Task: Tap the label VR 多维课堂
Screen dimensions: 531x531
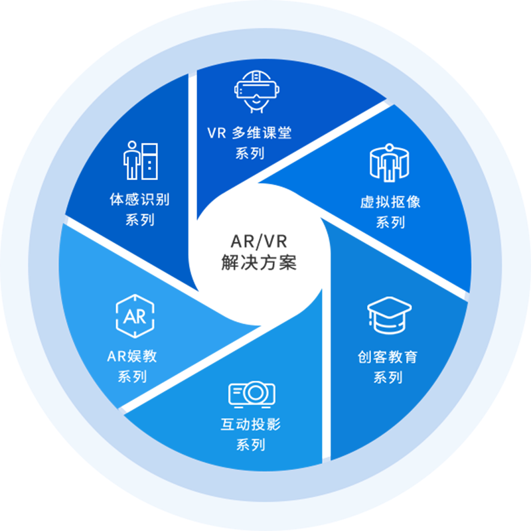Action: (x=249, y=133)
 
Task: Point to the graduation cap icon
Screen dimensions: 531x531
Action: (x=390, y=318)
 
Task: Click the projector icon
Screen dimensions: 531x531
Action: (x=252, y=394)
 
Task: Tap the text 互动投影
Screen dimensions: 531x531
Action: (x=250, y=424)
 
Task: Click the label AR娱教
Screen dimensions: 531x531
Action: (x=132, y=356)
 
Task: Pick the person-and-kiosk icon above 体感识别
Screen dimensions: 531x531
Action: (x=141, y=159)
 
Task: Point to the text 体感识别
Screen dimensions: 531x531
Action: (x=139, y=199)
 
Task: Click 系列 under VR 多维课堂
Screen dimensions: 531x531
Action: (x=250, y=153)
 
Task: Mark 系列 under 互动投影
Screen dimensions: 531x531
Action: (x=250, y=445)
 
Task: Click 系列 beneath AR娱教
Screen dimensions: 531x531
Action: (x=132, y=376)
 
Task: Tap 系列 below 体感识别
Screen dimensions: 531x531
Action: (x=139, y=220)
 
